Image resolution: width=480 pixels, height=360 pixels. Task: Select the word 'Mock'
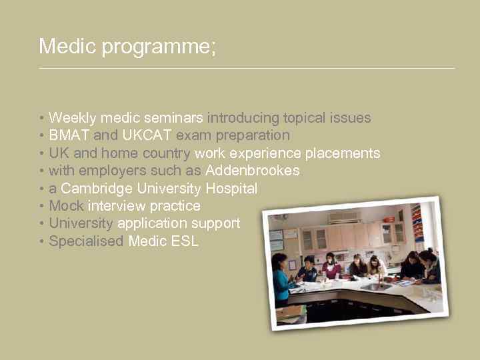66,206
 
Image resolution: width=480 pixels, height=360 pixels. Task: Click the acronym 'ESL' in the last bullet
185,241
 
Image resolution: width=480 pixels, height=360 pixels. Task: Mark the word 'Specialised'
86,241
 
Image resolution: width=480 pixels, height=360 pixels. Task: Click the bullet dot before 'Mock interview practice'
42,207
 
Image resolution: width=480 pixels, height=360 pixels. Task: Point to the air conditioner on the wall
345,217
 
